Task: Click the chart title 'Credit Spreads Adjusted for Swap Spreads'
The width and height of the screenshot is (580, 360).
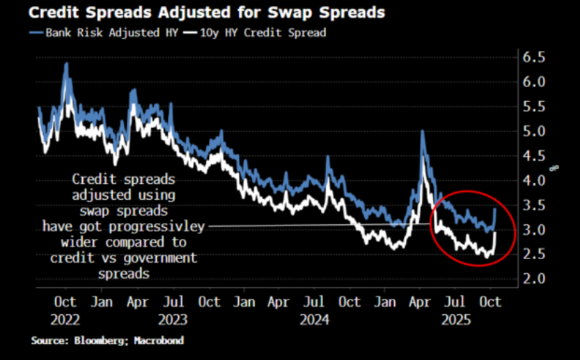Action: [197, 13]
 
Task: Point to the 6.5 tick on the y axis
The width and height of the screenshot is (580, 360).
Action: [534, 57]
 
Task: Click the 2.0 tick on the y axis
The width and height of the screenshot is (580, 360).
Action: [534, 279]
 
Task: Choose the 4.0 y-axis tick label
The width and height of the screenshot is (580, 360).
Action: [534, 180]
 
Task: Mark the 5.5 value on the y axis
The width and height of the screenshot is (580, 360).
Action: [534, 107]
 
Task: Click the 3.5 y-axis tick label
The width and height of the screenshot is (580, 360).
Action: [534, 205]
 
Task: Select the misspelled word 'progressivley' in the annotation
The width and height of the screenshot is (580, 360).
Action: [157, 226]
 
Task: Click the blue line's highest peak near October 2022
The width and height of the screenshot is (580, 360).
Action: [66, 63]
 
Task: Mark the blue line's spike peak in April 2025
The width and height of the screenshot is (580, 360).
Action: [422, 131]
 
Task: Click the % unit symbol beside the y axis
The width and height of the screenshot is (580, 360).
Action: [554, 167]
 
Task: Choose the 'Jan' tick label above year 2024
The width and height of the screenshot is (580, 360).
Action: [244, 302]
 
